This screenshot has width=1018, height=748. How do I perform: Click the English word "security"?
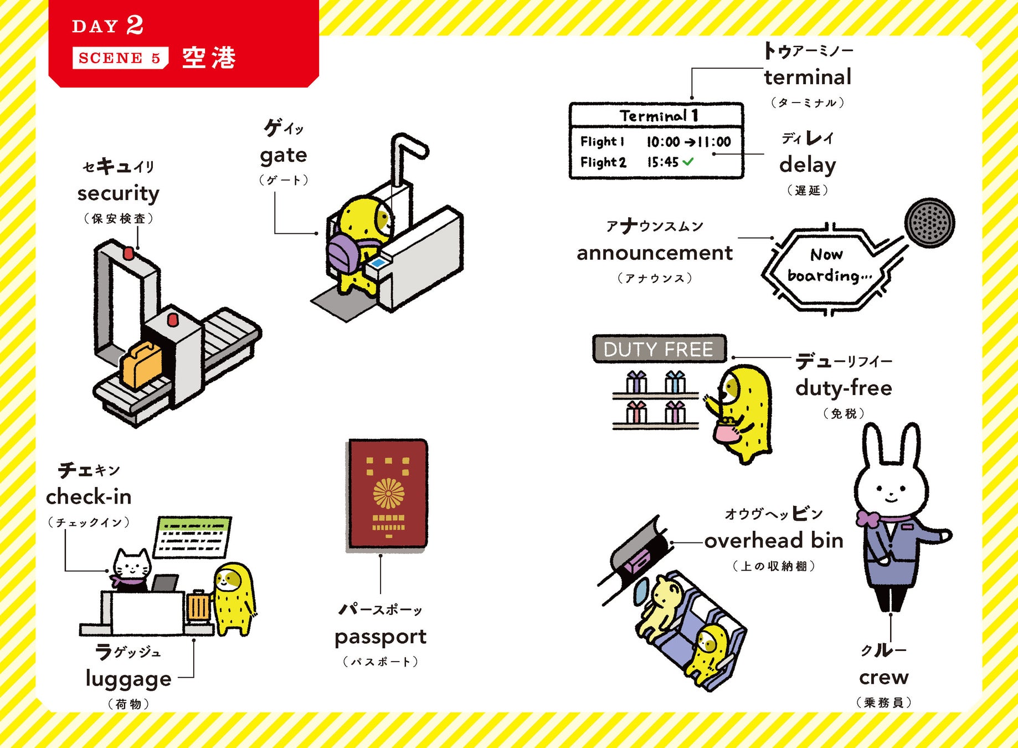click(118, 193)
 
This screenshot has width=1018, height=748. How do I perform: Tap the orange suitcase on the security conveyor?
click(142, 365)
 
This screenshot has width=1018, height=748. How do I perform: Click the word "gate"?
click(283, 155)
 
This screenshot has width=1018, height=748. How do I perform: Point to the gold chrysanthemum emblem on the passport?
click(389, 493)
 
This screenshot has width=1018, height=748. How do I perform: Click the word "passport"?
click(381, 637)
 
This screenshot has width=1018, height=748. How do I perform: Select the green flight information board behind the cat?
click(192, 537)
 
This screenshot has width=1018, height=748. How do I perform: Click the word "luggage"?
click(128, 679)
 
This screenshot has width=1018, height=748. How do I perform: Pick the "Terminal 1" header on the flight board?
click(658, 116)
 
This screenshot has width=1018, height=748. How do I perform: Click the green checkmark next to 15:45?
click(688, 162)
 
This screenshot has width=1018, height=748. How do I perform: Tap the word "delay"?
click(808, 165)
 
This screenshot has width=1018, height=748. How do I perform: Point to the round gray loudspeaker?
click(929, 223)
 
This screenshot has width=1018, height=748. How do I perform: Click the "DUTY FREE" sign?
click(658, 349)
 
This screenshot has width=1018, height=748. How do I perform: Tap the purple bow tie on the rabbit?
click(867, 519)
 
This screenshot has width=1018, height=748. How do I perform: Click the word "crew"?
click(884, 677)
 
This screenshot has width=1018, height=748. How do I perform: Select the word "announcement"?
click(654, 253)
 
